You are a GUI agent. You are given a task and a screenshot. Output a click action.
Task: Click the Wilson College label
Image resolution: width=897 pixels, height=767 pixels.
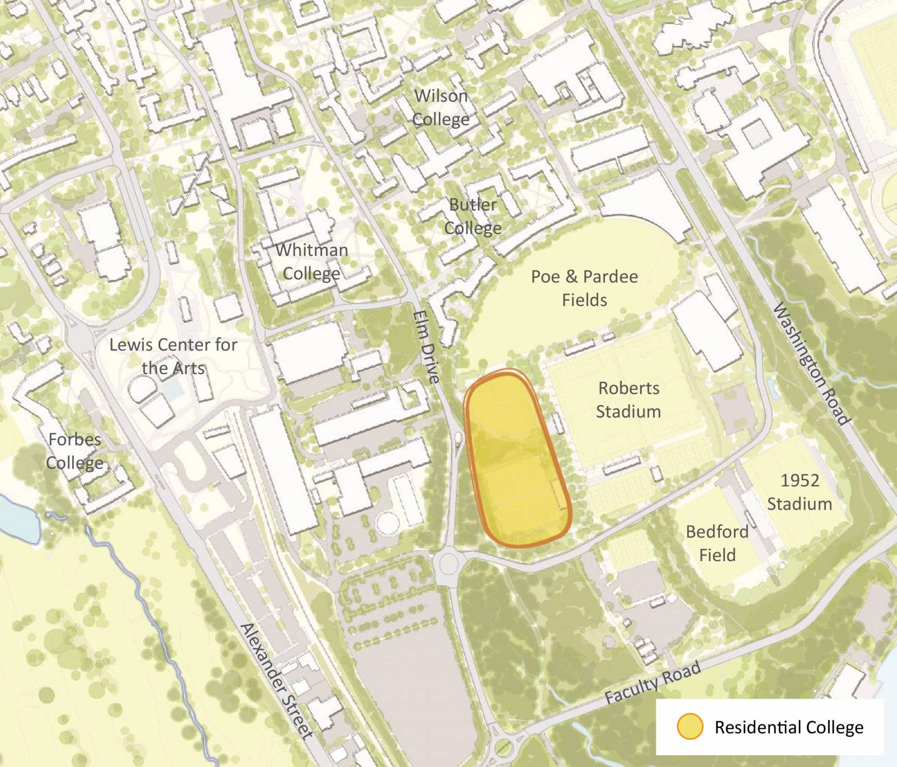pyautogui.click(x=441, y=108)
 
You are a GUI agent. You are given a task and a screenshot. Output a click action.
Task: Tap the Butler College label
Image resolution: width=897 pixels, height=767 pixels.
pyautogui.click(x=473, y=216)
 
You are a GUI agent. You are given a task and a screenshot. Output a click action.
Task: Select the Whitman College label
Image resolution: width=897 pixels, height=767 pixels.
pyautogui.click(x=312, y=261)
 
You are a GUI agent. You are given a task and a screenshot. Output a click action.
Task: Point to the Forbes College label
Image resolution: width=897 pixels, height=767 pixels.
pyautogui.click(x=75, y=451)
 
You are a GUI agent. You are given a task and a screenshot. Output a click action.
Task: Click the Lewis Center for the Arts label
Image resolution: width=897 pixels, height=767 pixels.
pyautogui.click(x=173, y=356)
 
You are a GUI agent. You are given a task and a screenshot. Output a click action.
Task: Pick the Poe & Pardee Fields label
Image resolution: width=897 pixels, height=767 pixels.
pyautogui.click(x=584, y=288)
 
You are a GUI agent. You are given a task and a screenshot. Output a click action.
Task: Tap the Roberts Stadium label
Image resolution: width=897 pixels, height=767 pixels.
pyautogui.click(x=628, y=400)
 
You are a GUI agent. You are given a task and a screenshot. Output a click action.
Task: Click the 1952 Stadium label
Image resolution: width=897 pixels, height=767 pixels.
pyautogui.click(x=799, y=492)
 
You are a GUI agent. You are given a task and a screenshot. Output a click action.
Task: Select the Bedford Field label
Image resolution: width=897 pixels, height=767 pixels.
pyautogui.click(x=717, y=543)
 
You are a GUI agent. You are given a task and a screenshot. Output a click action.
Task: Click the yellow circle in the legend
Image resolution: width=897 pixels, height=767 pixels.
pyautogui.click(x=690, y=727)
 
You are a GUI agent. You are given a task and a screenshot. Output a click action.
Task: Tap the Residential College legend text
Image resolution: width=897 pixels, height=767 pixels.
pyautogui.click(x=789, y=727)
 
